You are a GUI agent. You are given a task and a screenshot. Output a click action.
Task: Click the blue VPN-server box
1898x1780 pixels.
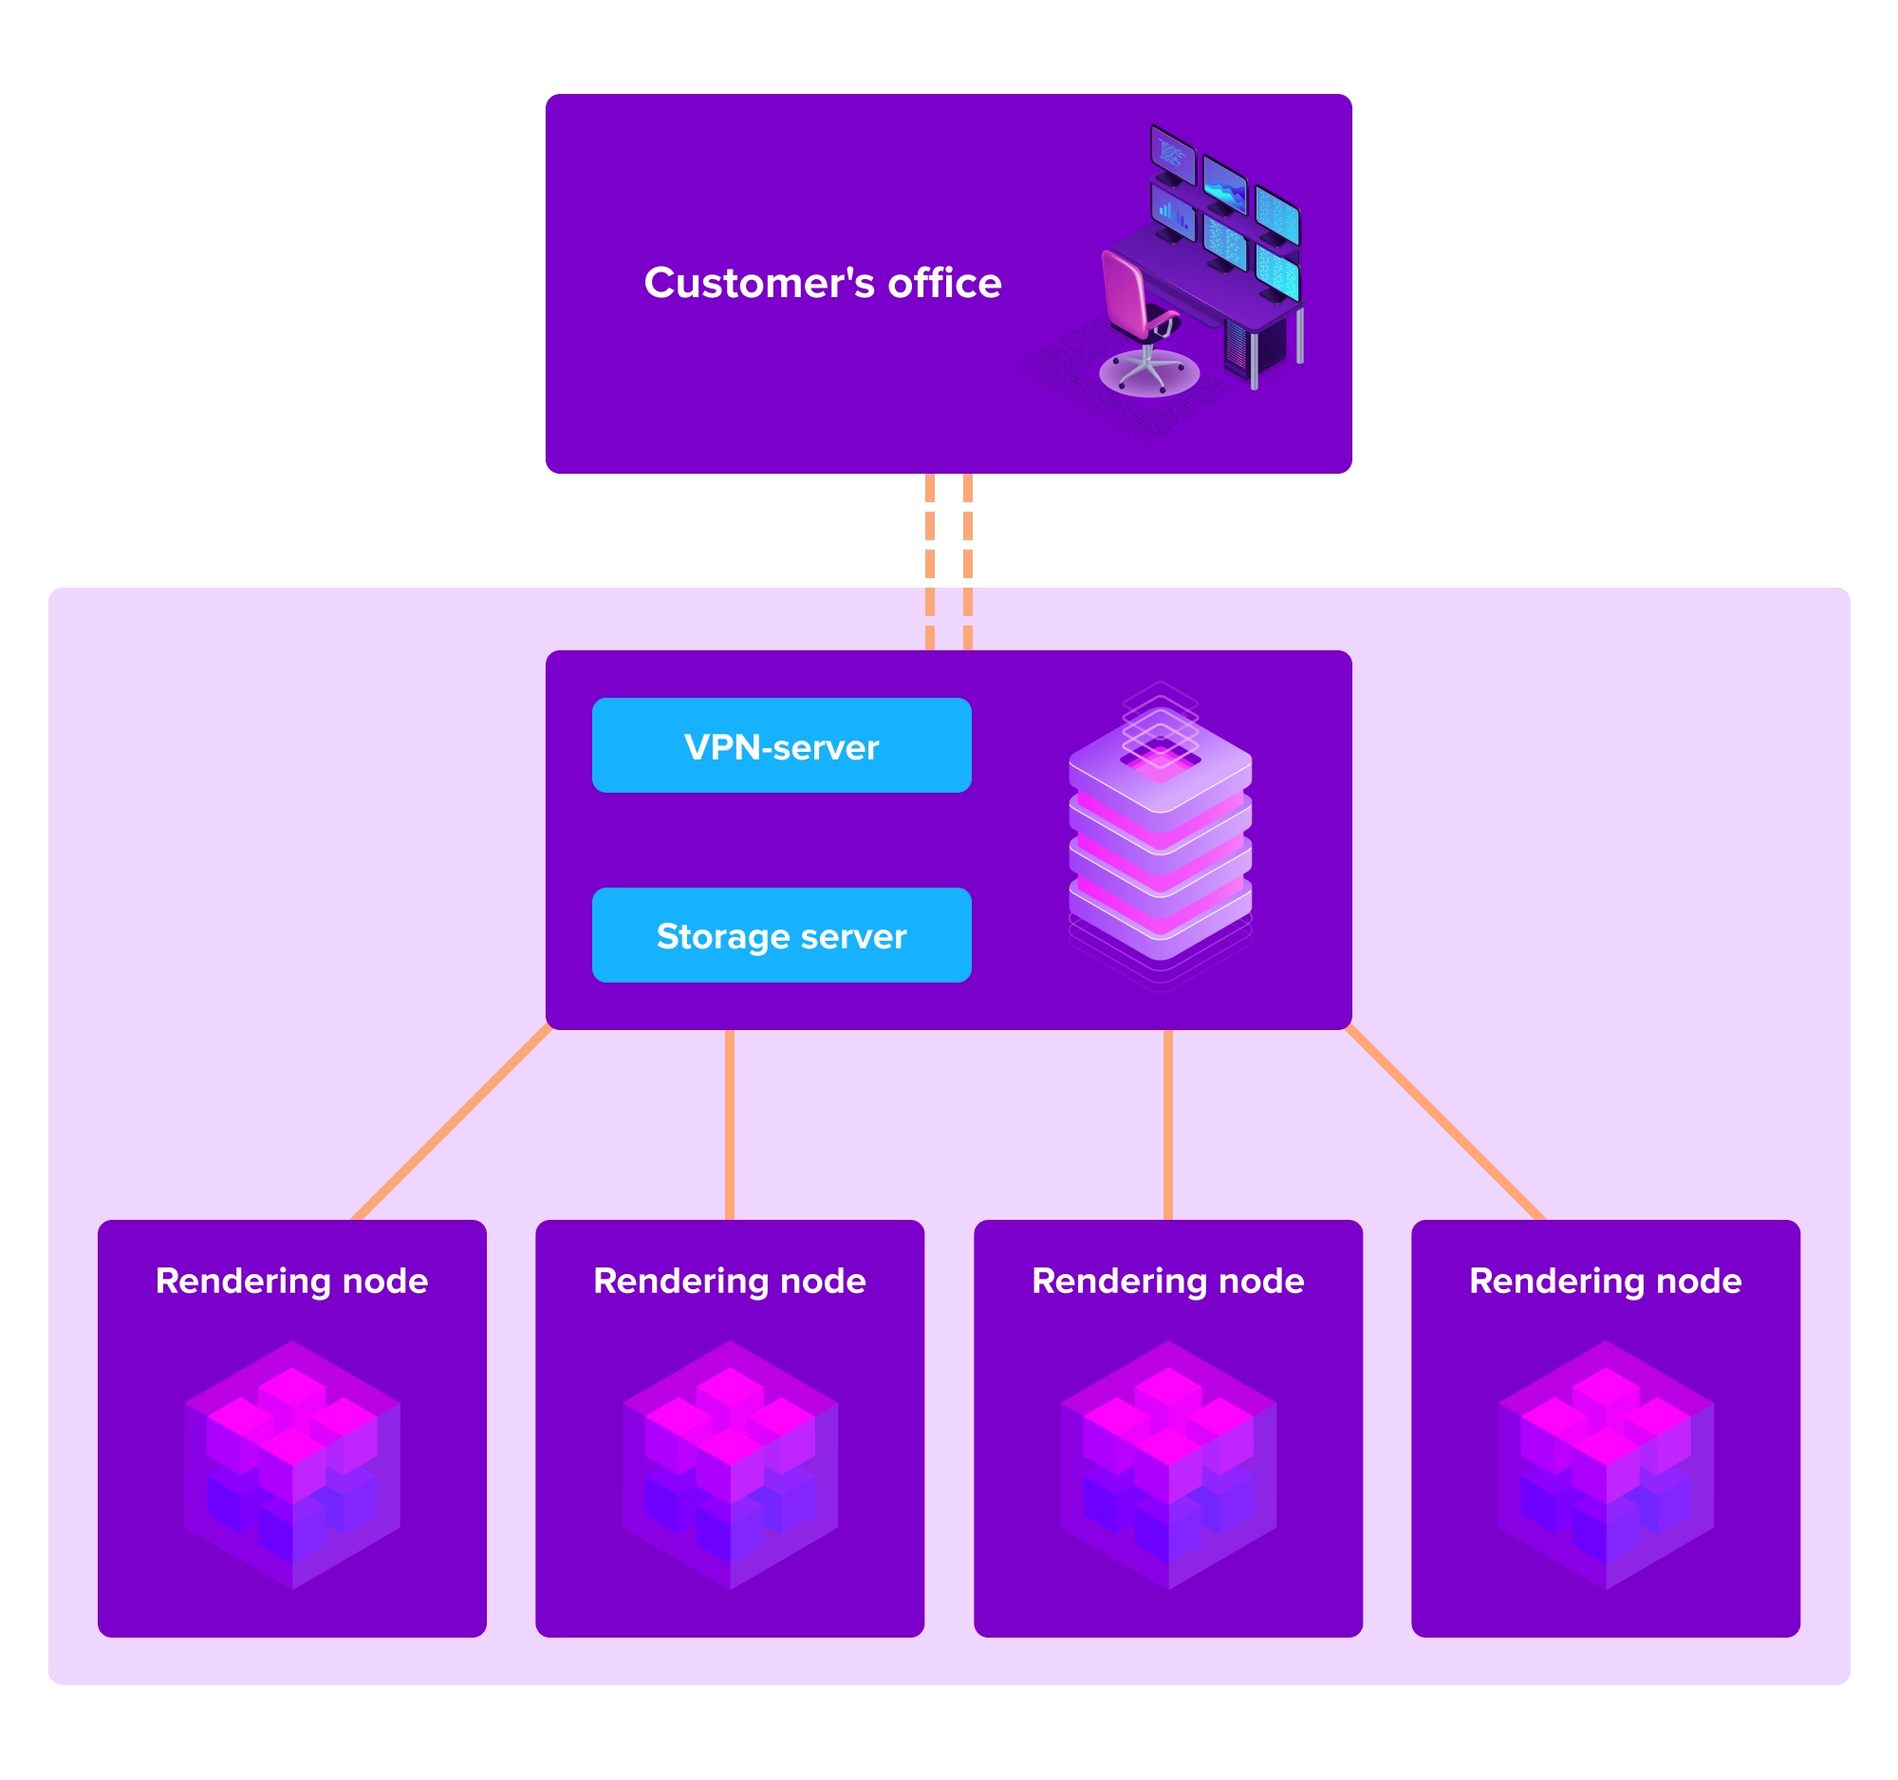781,746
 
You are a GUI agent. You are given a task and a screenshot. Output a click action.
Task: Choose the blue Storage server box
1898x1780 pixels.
781,936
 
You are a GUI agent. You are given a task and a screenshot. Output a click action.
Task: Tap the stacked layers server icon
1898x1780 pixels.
1159,840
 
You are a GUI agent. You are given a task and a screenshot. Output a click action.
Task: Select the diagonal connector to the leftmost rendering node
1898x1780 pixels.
453,1123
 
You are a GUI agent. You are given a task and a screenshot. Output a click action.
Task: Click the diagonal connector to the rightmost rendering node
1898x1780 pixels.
1445,1123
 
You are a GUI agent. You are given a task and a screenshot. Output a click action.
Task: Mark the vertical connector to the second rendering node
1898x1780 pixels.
730,1125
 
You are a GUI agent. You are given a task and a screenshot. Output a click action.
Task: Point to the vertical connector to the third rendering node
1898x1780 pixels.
1167,1125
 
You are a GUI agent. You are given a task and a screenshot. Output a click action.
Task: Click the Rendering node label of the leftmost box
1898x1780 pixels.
292,1281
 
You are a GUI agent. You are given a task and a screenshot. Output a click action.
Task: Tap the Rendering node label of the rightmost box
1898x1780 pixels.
1605,1281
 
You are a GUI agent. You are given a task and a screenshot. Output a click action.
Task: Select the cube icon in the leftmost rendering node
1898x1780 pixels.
292,1465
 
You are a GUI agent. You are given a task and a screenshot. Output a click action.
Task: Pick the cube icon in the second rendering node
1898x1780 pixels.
731,1465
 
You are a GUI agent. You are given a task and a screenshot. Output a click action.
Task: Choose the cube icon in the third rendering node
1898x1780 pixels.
1168,1465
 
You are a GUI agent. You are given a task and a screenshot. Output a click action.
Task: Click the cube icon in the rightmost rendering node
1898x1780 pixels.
1606,1465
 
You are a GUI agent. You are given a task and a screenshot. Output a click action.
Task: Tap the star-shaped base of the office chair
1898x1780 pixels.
1148,371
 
